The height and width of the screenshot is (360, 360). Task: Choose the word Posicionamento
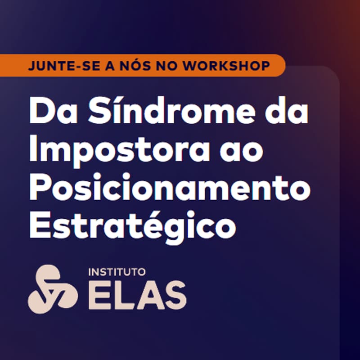(170, 188)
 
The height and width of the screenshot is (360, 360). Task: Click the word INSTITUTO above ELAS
(116, 273)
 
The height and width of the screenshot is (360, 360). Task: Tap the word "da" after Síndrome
(286, 112)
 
